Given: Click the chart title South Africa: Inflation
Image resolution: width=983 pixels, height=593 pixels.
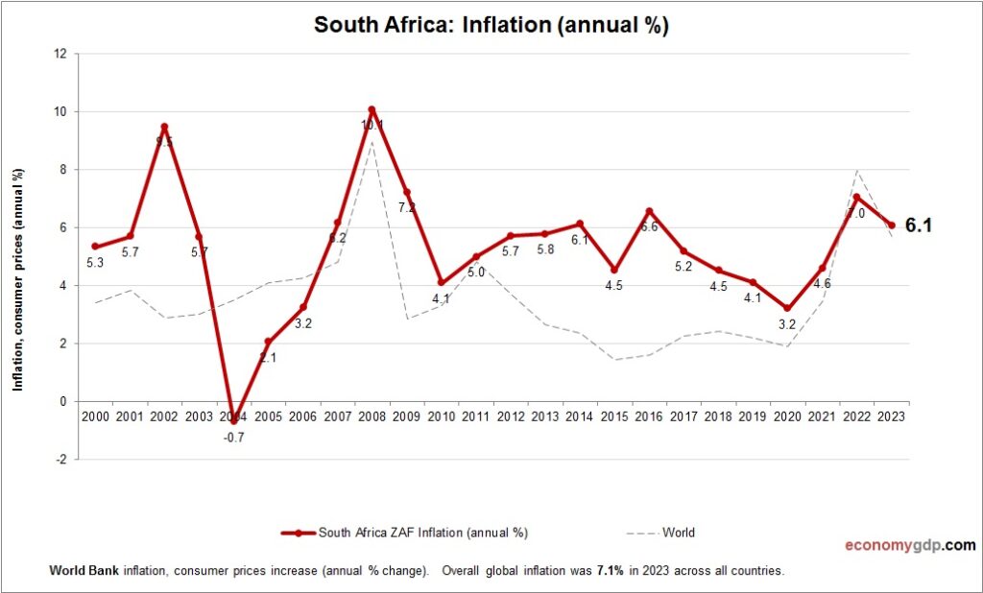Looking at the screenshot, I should (x=491, y=26).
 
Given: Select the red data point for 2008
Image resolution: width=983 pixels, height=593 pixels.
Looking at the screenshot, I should (x=372, y=109).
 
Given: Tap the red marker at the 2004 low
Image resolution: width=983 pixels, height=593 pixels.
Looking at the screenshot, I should (x=233, y=420).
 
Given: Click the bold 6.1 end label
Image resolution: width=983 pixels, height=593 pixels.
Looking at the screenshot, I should (x=919, y=226).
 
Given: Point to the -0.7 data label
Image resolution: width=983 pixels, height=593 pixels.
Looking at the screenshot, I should (x=232, y=437).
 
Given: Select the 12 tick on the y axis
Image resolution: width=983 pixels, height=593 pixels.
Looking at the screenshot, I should (x=60, y=54).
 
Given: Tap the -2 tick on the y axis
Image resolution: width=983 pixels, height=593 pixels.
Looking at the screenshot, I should (x=60, y=460).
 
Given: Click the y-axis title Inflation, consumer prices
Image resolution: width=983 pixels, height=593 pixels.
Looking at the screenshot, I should (x=17, y=279).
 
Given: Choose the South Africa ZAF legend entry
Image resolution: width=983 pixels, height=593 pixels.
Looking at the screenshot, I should (x=403, y=533).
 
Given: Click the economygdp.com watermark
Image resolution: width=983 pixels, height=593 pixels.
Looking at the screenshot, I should (x=909, y=545).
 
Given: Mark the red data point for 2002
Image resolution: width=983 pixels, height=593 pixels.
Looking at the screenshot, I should (x=164, y=127).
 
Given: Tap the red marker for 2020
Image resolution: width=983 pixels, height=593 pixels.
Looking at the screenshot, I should (x=787, y=308).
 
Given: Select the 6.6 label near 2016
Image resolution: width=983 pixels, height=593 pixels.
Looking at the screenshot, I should (x=648, y=227).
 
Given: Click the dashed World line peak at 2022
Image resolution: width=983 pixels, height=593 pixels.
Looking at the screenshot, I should (x=856, y=170).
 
